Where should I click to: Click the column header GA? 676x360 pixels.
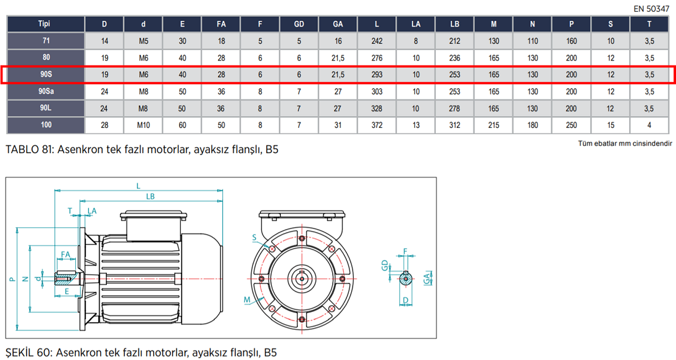click(338, 24)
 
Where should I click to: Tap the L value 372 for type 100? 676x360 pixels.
click(377, 125)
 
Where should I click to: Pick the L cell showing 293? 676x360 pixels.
click(377, 75)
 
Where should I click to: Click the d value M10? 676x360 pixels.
click(143, 125)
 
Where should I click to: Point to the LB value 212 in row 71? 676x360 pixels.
click(454, 41)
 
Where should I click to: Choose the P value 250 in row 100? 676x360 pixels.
click(571, 125)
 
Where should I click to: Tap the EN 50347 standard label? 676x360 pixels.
click(651, 9)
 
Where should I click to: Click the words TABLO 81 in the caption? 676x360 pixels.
click(28, 150)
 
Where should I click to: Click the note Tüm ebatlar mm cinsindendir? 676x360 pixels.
click(624, 144)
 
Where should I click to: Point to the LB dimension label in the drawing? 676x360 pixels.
click(150, 196)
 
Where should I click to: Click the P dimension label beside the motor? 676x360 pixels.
click(12, 279)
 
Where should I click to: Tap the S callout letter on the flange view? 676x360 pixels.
click(254, 237)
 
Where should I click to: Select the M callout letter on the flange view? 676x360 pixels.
click(247, 299)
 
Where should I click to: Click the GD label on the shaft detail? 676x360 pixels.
click(385, 266)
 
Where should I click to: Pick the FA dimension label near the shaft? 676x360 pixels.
click(65, 254)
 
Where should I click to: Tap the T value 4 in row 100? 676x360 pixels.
click(649, 125)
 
